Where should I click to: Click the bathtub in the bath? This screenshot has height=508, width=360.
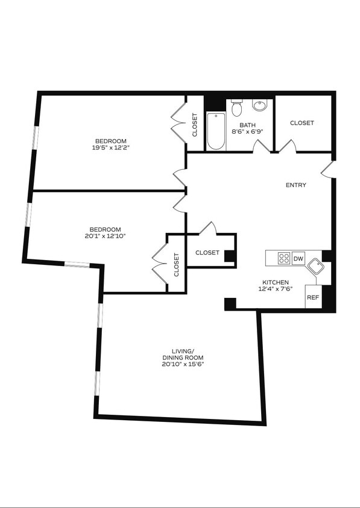point(216,131)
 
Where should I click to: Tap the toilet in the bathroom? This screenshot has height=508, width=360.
point(236,108)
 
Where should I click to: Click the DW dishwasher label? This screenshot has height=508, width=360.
point(298,259)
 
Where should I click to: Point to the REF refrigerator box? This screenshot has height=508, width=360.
point(312,297)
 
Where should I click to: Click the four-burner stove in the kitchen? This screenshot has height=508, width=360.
point(283,259)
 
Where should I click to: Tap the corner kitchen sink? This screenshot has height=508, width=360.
point(315,269)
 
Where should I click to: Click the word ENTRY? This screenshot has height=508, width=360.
point(295,185)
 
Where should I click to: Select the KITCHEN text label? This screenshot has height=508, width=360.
point(275,282)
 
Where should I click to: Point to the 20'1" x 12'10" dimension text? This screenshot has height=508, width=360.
point(106,236)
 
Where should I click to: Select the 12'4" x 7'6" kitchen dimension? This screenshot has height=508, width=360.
point(275,289)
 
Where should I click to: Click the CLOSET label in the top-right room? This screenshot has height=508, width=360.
point(302,123)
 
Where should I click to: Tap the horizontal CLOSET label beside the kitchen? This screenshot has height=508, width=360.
point(207,253)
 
